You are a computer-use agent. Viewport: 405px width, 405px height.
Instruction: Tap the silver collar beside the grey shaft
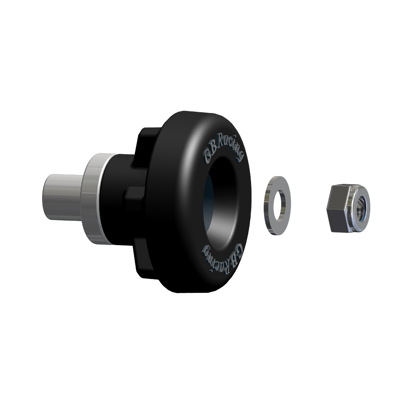click(95, 198)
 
